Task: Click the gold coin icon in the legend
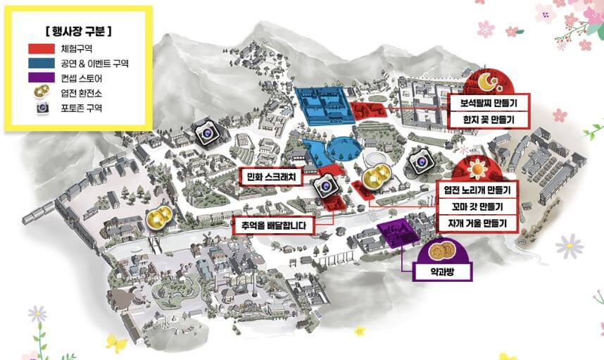(43, 92)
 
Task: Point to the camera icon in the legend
(43, 108)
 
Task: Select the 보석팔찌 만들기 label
(488, 102)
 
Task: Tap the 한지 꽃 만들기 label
(488, 120)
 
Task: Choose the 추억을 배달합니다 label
(274, 226)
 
